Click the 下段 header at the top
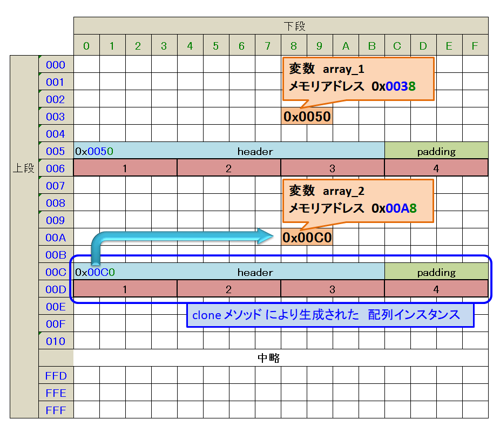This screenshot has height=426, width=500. tap(295, 26)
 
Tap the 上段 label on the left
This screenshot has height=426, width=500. tap(24, 168)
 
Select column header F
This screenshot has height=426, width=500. tap(475, 46)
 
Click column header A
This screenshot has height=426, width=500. tap(346, 46)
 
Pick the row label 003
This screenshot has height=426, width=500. tap(56, 117)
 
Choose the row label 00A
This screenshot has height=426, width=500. tap(56, 238)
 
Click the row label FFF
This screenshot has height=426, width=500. tap(56, 410)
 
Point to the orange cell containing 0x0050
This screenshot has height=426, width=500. tap(307, 117)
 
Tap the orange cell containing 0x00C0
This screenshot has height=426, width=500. tap(307, 238)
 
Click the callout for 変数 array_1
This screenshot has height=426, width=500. tap(357, 78)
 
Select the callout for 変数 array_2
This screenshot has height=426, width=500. tap(357, 200)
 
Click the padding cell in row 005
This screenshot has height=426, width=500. tap(436, 151)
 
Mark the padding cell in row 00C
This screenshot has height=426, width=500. tap(436, 272)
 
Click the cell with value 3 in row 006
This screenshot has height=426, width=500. tap(333, 168)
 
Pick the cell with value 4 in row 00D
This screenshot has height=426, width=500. tap(436, 289)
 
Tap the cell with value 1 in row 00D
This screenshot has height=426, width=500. tap(125, 289)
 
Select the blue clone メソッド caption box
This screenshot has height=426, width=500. tap(330, 315)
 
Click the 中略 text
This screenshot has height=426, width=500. tap(268, 358)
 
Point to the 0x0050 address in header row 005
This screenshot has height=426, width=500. tap(94, 151)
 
